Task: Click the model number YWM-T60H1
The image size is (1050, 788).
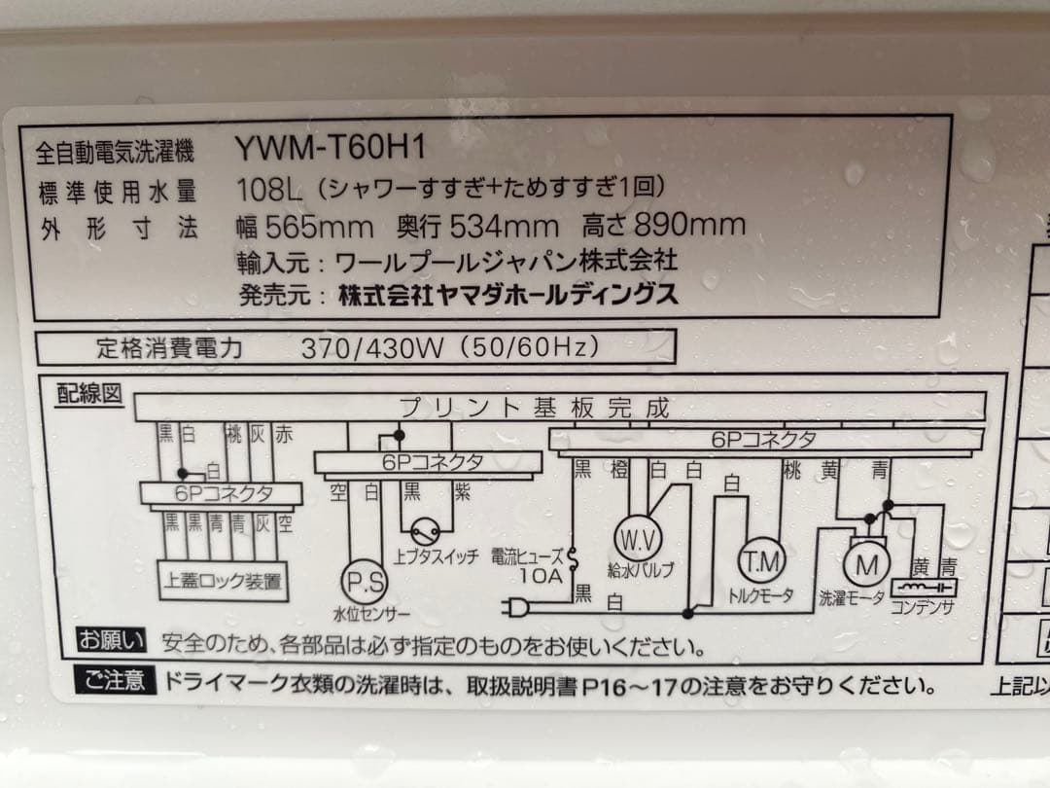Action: [x=331, y=149]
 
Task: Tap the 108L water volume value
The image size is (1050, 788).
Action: [x=262, y=188]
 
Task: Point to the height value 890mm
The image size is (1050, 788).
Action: [x=689, y=226]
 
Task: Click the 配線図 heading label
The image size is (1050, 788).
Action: [x=89, y=394]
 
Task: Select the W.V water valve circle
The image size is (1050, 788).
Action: [x=637, y=538]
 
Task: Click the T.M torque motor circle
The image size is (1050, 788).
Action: [x=761, y=561]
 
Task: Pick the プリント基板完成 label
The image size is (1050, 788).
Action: [x=534, y=408]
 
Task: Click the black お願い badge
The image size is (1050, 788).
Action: [x=112, y=642]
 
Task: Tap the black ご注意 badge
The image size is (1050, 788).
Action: [x=114, y=680]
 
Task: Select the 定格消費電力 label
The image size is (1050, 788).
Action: [x=169, y=347]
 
